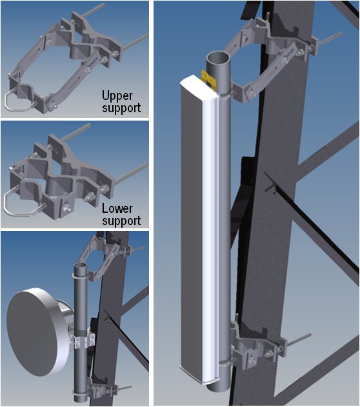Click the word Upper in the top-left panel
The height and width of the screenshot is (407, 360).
point(117,96)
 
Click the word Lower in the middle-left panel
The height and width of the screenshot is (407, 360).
point(117,209)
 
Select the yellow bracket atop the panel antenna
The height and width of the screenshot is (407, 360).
point(209,79)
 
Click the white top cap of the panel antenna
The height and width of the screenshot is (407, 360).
point(199,86)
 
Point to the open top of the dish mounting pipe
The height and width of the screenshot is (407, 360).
point(81,266)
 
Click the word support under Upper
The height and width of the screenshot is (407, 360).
point(121,108)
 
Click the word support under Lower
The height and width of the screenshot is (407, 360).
point(121,221)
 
